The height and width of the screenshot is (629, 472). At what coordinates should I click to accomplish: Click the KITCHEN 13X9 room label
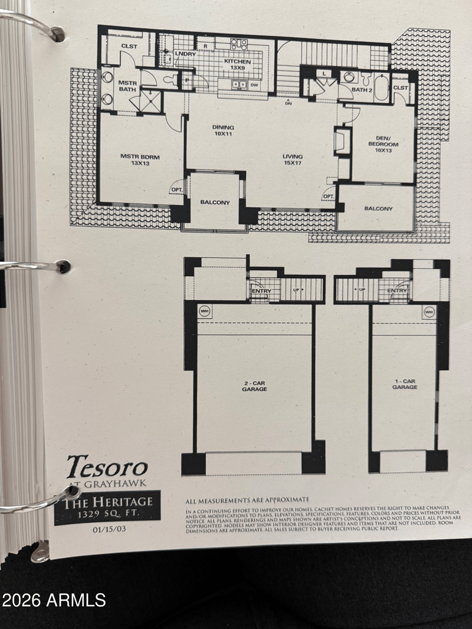238,65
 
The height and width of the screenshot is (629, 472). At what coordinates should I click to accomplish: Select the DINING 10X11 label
223,130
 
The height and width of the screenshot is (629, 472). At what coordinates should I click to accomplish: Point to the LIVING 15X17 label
292,159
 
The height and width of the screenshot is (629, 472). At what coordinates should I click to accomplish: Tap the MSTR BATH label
127,86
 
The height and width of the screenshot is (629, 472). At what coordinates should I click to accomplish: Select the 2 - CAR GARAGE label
254,386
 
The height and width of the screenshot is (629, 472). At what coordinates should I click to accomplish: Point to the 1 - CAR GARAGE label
405,384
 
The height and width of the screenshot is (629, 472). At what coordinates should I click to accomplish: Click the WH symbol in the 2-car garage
205,311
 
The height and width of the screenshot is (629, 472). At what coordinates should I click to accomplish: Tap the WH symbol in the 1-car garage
428,311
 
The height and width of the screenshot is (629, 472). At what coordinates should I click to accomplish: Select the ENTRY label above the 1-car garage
397,291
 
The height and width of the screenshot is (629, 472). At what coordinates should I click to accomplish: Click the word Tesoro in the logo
106,467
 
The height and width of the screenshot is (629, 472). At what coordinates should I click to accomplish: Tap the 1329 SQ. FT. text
107,514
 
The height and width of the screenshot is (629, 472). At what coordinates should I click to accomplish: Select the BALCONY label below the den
378,209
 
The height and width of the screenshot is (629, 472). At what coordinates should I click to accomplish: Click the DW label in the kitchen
254,84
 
